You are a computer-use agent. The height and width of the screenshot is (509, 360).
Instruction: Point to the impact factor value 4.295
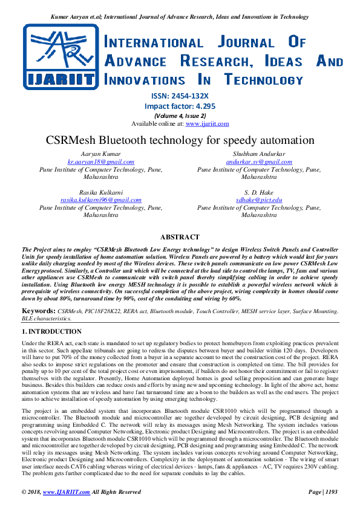(202, 106)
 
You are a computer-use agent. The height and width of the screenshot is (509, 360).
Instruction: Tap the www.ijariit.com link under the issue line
(207, 123)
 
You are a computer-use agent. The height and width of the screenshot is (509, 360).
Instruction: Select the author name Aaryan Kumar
(101, 154)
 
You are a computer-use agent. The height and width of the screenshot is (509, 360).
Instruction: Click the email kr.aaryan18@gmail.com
(101, 162)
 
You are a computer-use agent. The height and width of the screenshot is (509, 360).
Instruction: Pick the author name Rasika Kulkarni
(101, 192)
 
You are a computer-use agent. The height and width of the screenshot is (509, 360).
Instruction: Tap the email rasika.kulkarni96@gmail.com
(101, 199)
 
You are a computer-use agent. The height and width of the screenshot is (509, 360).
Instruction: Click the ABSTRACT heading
(180, 238)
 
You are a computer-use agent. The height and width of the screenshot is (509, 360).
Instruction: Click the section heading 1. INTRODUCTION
(52, 332)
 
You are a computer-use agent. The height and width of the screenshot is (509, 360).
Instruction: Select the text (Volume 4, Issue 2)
(180, 115)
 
